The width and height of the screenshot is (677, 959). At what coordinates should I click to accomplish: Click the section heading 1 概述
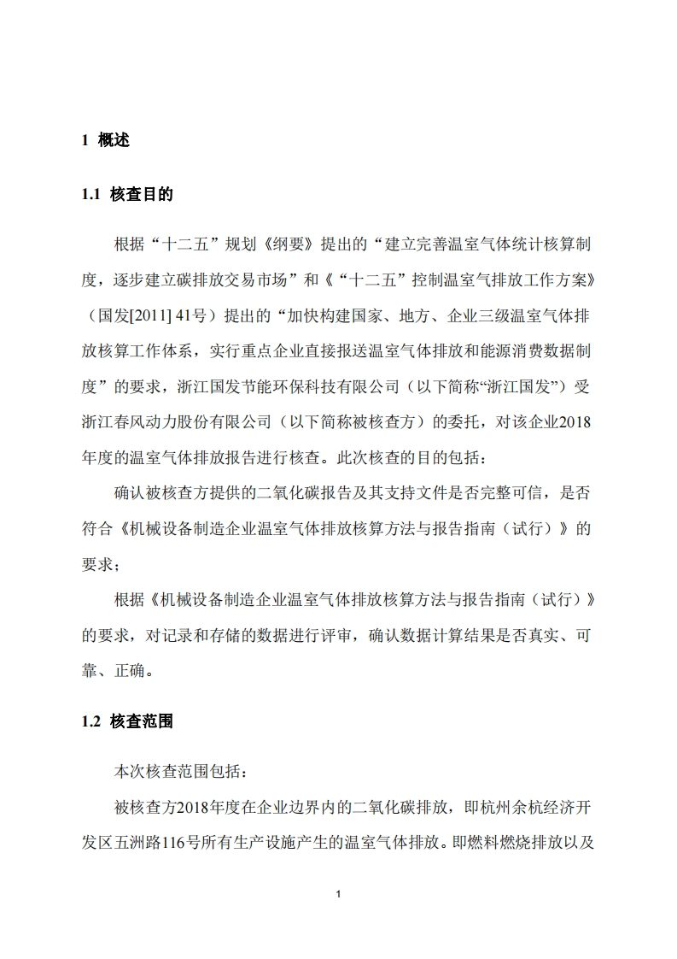[106, 141]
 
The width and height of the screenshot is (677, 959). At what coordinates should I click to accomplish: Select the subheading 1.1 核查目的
[127, 195]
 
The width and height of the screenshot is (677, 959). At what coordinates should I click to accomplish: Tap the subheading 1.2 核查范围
[127, 721]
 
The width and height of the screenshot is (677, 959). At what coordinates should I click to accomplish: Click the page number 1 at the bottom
[339, 894]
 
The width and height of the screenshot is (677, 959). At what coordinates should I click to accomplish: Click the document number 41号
[194, 316]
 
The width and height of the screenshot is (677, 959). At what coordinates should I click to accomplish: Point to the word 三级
[467, 316]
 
